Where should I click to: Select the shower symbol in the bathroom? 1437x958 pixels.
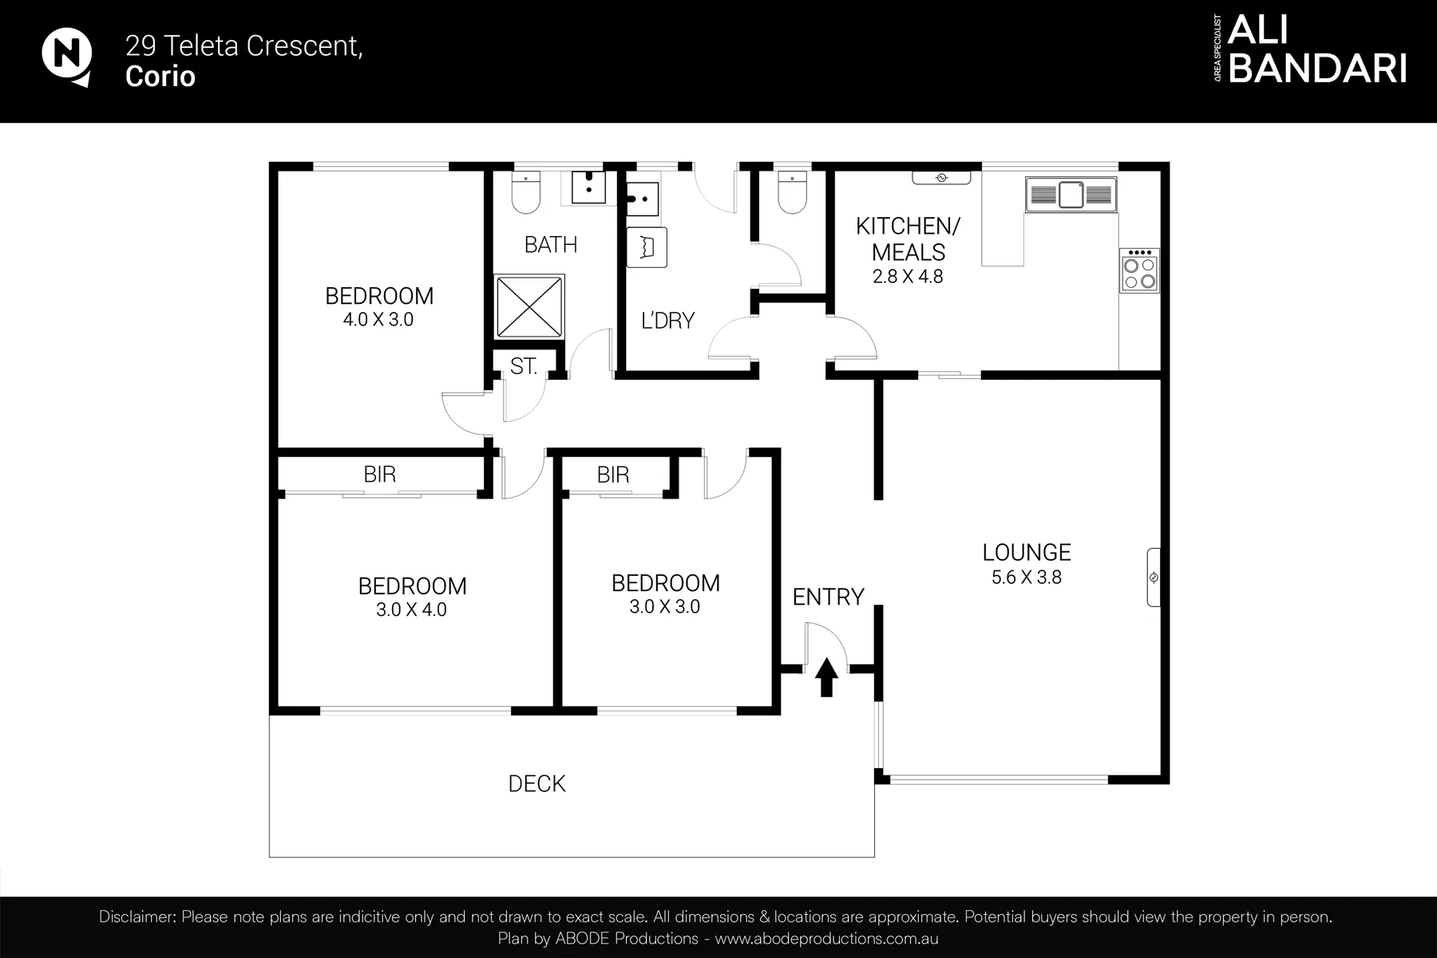click(x=529, y=306)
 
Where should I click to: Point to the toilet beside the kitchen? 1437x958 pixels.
click(x=793, y=192)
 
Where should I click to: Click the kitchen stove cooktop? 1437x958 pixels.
click(x=1139, y=270)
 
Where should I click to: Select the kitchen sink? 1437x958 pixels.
click(x=1071, y=194)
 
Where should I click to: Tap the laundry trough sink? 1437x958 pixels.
click(x=642, y=199)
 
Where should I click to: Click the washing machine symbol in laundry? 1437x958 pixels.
click(x=646, y=247)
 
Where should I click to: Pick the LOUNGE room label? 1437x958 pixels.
click(x=1027, y=552)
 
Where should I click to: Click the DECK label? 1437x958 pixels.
click(x=537, y=784)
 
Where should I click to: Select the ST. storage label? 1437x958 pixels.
click(x=524, y=366)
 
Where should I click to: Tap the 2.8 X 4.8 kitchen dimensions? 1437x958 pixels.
click(x=908, y=277)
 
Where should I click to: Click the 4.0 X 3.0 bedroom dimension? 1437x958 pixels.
click(x=378, y=320)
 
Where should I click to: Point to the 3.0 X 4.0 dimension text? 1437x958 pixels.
click(x=412, y=610)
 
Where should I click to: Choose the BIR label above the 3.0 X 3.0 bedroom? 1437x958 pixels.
click(x=613, y=475)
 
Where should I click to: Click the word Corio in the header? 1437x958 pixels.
click(x=160, y=77)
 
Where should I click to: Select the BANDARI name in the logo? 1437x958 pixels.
click(x=1317, y=69)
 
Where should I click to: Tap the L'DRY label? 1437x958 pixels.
click(x=668, y=321)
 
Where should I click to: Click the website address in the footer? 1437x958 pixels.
click(x=826, y=939)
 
